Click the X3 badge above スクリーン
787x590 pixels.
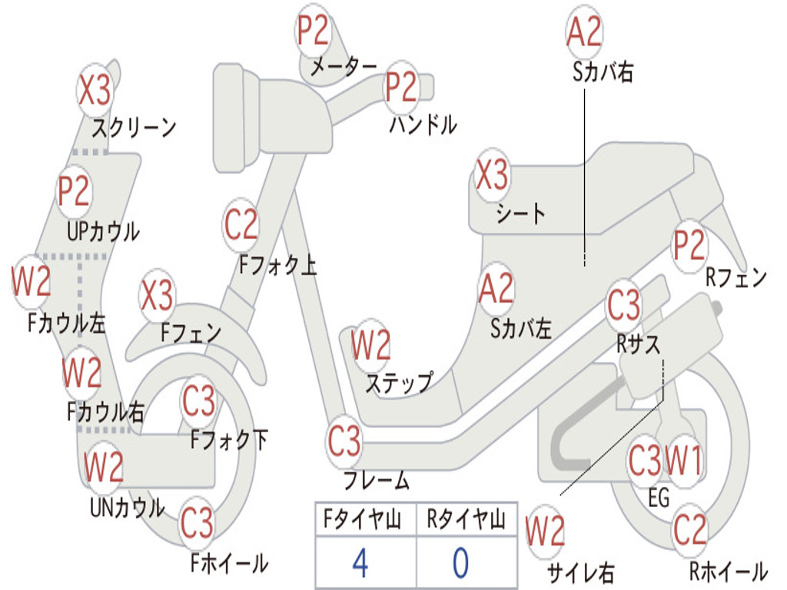tap(95, 90)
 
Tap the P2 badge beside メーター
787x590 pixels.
tap(313, 30)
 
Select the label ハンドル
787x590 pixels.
tap(423, 124)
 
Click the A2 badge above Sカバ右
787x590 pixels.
tap(584, 31)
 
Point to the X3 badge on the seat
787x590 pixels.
tap(492, 174)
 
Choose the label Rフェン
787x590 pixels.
tap(736, 277)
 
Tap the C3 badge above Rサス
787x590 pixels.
tap(624, 304)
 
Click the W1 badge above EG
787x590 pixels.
tap(683, 459)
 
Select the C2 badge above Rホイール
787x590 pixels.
tap(689, 530)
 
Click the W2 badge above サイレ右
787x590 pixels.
tap(545, 530)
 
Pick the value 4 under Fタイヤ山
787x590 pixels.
tap(360, 563)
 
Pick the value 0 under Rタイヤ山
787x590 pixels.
tap(461, 563)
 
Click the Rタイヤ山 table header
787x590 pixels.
tap(467, 519)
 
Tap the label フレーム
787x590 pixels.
tap(377, 480)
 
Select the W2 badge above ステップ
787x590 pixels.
tap(371, 345)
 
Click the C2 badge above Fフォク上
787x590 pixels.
tap(241, 225)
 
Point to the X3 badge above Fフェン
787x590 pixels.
tap(157, 295)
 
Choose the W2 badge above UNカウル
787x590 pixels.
tap(104, 466)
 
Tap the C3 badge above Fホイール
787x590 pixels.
tap(197, 522)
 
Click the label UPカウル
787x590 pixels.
tap(104, 232)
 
